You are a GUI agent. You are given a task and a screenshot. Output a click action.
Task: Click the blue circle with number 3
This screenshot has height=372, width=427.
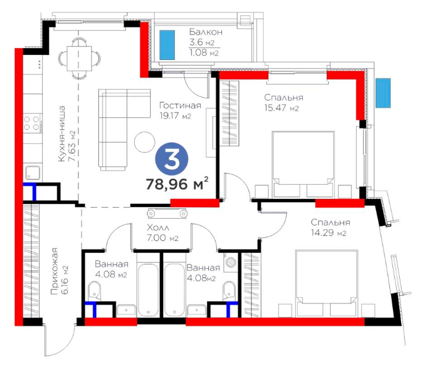(x=172, y=159)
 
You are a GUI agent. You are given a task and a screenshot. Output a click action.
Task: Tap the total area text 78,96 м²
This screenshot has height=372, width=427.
(x=177, y=184)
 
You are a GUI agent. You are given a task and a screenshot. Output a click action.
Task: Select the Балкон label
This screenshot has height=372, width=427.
(x=206, y=32)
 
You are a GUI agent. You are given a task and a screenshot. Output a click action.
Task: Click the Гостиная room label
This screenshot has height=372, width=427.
(x=180, y=105)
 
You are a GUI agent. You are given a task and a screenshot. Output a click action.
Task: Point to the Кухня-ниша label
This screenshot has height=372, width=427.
(x=62, y=133)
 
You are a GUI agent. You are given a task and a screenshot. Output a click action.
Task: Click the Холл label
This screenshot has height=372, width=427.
(x=158, y=227)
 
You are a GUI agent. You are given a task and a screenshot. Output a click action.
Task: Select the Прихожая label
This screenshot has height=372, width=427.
(x=54, y=271)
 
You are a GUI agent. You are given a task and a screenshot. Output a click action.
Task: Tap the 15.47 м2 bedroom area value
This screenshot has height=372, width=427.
(x=281, y=108)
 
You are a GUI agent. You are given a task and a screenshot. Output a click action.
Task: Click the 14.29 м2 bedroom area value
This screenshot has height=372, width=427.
(x=328, y=233)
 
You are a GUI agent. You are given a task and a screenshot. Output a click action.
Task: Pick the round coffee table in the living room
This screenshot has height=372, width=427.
(x=145, y=142)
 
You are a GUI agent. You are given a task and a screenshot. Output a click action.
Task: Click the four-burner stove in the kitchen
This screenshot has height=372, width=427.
(x=32, y=123)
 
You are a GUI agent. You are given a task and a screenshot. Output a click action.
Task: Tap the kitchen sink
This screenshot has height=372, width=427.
(x=33, y=173)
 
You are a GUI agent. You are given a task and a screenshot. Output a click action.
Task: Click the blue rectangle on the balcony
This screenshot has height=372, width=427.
(x=167, y=44)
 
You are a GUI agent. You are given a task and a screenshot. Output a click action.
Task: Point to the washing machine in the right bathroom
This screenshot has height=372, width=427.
(x=230, y=262)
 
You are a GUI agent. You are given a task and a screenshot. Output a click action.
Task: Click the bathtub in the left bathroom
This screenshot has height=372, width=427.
(x=148, y=289)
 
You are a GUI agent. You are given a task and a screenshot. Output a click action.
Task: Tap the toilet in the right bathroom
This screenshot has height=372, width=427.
(x=229, y=290)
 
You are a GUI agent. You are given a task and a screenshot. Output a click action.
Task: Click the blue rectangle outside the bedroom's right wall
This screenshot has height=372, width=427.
(x=383, y=93)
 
